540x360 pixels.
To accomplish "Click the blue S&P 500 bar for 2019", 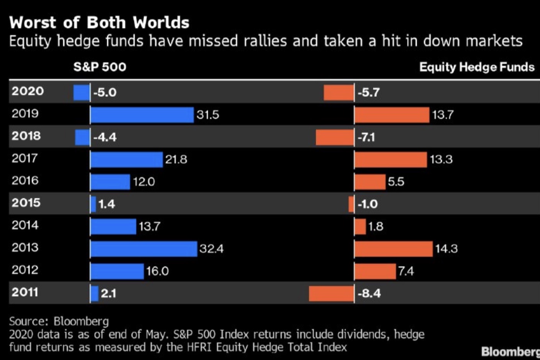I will [142, 115].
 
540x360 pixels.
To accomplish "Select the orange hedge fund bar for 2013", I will [393, 249].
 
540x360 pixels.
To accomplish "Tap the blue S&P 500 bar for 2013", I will [144, 249].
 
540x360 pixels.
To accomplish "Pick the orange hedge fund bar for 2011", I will [331, 294].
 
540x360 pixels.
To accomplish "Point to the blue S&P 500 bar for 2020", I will [81, 92].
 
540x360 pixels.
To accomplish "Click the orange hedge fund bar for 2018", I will [335, 137].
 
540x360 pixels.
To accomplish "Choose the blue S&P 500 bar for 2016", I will [110, 182].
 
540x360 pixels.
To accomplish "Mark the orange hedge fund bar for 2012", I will [375, 271].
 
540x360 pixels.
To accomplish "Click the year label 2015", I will [26, 203].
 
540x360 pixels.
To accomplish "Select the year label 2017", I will [25, 158].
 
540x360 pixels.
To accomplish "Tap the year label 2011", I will [25, 292].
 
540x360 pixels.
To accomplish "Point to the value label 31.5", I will [208, 115].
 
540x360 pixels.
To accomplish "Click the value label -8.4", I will [369, 294].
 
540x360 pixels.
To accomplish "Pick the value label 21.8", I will [176, 159].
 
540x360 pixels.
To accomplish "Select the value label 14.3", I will [446, 249].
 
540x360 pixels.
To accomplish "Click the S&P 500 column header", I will [100, 67].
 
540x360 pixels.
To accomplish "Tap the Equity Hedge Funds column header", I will [476, 67].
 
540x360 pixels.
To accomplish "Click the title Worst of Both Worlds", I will [99, 23].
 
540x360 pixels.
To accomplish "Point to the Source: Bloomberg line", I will [59, 321].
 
